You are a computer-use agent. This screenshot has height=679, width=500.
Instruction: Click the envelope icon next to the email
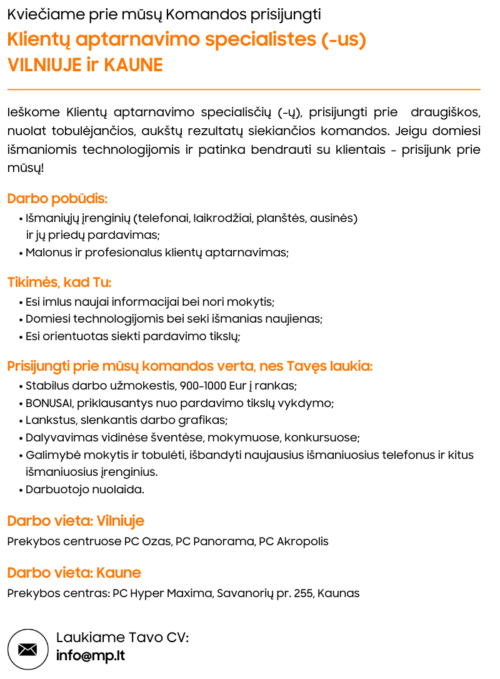click(27, 649)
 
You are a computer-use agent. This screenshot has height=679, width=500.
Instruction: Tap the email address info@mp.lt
click(90, 656)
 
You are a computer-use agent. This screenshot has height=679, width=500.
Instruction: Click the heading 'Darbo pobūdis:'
click(57, 199)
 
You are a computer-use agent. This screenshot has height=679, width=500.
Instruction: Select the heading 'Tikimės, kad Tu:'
click(59, 282)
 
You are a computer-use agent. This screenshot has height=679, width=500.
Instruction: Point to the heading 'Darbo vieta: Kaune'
click(74, 573)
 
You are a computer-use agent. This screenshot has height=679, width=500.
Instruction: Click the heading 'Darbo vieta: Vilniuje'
click(76, 521)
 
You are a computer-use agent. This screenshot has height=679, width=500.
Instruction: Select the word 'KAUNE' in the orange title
click(133, 65)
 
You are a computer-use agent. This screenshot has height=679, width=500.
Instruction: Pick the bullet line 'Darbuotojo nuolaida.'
click(85, 490)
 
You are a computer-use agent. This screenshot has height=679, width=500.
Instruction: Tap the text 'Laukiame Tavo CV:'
click(122, 638)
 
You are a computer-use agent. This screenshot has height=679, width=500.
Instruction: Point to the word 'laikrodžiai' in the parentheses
click(223, 218)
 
